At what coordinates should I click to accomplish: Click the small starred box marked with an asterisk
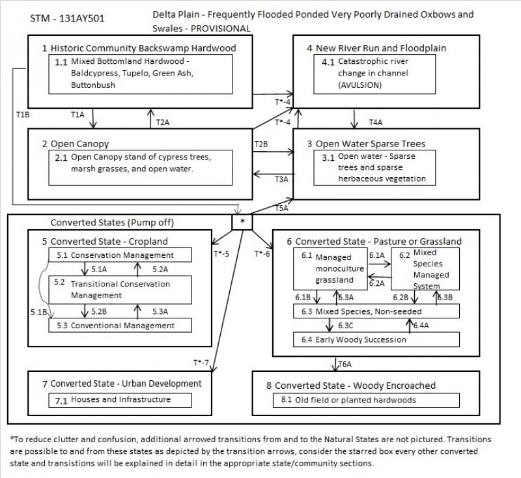tap(242, 221)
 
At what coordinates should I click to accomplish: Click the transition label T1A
tap(77, 115)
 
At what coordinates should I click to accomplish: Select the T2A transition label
tap(163, 121)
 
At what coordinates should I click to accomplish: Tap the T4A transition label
tap(376, 122)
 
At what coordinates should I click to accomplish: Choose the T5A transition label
tap(282, 208)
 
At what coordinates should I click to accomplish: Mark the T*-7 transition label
tap(201, 361)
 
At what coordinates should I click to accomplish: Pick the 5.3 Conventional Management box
tap(120, 324)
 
